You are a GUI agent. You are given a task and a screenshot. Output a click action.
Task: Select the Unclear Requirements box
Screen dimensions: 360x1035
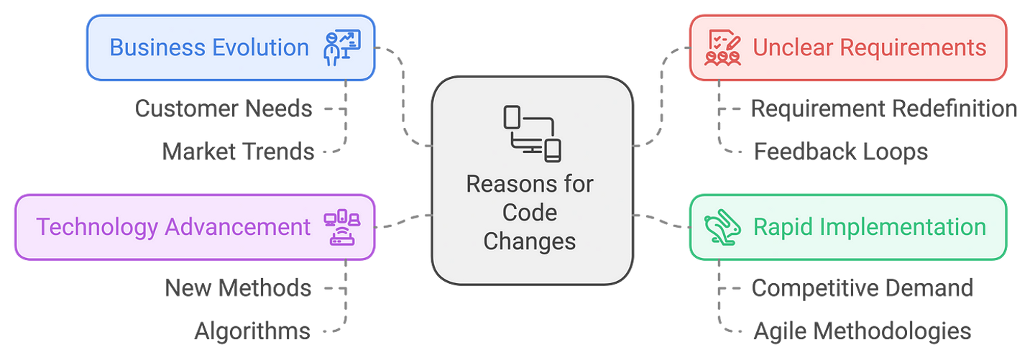[847, 47]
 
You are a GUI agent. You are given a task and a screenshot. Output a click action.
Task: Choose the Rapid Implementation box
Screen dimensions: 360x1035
[847, 227]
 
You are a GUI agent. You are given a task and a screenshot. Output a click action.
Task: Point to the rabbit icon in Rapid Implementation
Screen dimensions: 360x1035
[721, 227]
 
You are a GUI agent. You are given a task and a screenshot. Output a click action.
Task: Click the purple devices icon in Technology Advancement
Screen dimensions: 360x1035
[343, 227]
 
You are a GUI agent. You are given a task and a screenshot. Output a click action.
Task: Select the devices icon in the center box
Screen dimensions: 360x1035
[531, 133]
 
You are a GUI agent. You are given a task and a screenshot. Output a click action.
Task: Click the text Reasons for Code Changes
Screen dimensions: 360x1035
[530, 212]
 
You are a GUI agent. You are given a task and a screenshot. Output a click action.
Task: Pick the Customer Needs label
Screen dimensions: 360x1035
[224, 109]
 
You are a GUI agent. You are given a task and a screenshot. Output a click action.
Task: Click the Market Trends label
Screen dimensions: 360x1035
[239, 152]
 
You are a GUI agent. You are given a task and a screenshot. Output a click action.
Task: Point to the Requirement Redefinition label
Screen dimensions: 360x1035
[883, 109]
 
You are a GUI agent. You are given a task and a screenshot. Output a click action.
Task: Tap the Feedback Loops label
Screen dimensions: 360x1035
[841, 152]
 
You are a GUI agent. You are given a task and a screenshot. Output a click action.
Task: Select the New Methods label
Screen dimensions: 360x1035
[238, 288]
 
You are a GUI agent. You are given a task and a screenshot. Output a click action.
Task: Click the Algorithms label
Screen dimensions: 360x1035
[252, 331]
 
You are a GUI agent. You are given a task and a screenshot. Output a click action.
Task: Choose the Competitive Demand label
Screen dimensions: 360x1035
[862, 287]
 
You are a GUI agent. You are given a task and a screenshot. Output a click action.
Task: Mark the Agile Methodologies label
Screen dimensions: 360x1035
[862, 331]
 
